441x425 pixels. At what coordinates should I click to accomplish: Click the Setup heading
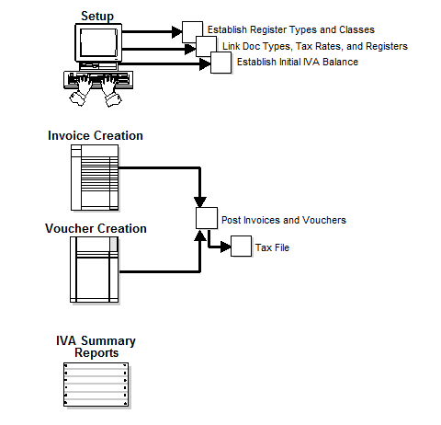(x=97, y=16)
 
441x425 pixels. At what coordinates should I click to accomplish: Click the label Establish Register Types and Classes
(x=290, y=30)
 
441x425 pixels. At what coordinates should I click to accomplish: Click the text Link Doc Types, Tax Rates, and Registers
(x=314, y=46)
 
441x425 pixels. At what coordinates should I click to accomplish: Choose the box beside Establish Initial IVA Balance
(x=221, y=63)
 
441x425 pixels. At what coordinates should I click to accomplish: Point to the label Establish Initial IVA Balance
(x=297, y=62)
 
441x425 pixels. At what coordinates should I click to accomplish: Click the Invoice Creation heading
(x=96, y=136)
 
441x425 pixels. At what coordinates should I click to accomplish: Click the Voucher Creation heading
(x=96, y=228)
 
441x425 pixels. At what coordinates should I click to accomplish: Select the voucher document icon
(x=96, y=270)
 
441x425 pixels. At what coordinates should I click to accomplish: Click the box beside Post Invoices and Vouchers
(x=207, y=220)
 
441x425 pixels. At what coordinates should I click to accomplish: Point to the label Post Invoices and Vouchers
(x=283, y=221)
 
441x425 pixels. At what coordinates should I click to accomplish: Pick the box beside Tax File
(x=240, y=247)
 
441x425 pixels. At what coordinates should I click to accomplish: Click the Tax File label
(x=272, y=247)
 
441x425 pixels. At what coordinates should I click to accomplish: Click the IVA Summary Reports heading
(x=96, y=347)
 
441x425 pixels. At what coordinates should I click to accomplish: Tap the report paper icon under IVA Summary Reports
(x=96, y=385)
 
